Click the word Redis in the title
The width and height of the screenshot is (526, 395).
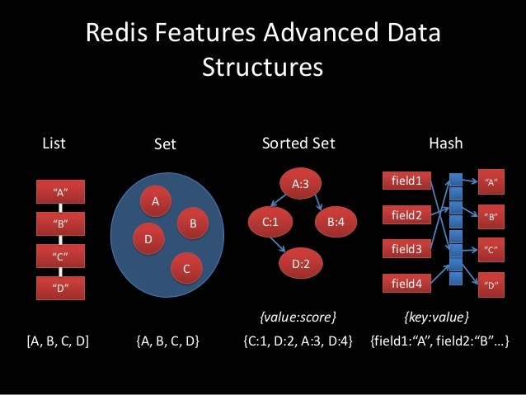116,32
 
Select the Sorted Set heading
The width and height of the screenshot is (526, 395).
298,143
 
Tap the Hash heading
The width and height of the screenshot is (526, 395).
446,143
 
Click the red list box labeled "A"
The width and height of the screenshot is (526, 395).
60,191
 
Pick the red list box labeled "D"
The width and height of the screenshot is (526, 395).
60,288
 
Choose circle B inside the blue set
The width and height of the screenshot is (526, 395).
193,223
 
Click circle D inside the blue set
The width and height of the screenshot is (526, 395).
148,239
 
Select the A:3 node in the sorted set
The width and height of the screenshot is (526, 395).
300,184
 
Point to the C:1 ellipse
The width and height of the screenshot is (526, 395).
270,222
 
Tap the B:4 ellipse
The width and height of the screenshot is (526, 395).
336,222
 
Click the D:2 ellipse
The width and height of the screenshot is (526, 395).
301,264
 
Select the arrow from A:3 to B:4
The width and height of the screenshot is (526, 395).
318,202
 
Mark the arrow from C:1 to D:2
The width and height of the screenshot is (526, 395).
278,245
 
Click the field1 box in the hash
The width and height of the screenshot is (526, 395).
406,181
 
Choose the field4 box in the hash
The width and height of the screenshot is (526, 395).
406,284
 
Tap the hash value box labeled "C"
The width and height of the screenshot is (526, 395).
491,250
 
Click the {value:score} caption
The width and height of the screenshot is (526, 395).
298,317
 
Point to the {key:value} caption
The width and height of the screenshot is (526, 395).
436,317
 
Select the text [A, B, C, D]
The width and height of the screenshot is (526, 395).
58,341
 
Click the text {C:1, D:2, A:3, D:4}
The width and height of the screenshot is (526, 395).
298,341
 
